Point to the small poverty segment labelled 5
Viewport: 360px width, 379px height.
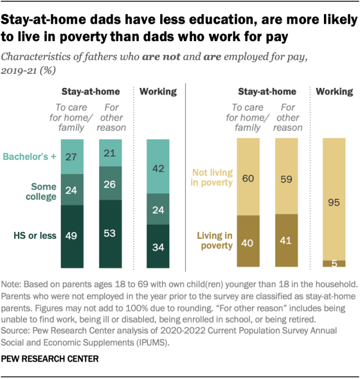[335, 263]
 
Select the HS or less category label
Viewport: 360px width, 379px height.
[35, 235]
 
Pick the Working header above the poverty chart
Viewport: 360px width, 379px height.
[335, 91]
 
